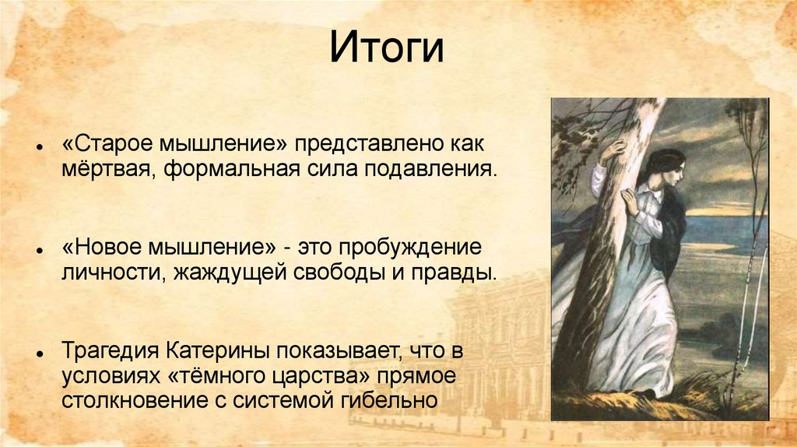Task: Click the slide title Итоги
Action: pyautogui.click(x=387, y=48)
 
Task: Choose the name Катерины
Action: pyautogui.click(x=219, y=351)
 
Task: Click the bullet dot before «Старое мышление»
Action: pyautogui.click(x=39, y=147)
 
